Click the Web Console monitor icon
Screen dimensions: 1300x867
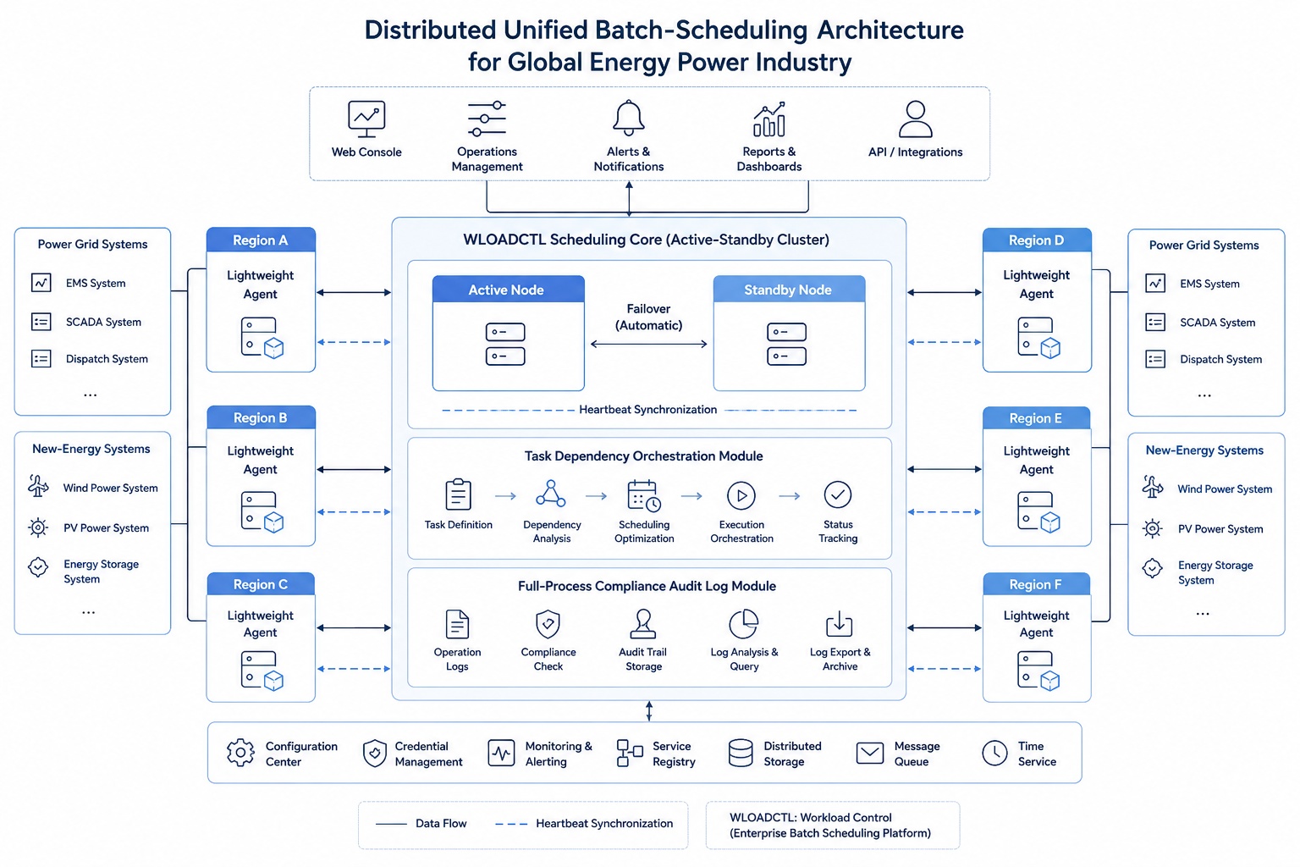[x=366, y=119]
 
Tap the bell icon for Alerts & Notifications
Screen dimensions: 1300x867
[x=629, y=118]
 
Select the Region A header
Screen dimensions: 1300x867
[x=261, y=240]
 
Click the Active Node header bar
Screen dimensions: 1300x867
[x=508, y=290]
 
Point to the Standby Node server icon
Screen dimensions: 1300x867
[x=786, y=344]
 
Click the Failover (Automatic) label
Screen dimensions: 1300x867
[x=648, y=317]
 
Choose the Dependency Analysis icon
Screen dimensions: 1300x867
[x=551, y=494]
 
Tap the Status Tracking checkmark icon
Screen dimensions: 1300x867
[x=837, y=494]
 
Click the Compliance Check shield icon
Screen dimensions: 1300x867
[x=548, y=624]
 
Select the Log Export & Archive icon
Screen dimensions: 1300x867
[x=840, y=624]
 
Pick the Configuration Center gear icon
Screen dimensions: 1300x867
[x=240, y=753]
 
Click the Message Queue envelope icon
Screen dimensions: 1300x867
[x=869, y=754]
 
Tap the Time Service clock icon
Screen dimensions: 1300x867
[x=994, y=754]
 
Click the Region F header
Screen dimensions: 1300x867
[x=1037, y=584]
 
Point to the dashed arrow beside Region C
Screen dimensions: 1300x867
[x=354, y=669]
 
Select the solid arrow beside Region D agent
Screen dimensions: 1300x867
[x=945, y=293]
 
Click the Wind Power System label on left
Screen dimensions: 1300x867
[x=110, y=488]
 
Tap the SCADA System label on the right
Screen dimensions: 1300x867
[x=1218, y=323]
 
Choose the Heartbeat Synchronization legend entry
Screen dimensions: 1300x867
[x=584, y=824]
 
